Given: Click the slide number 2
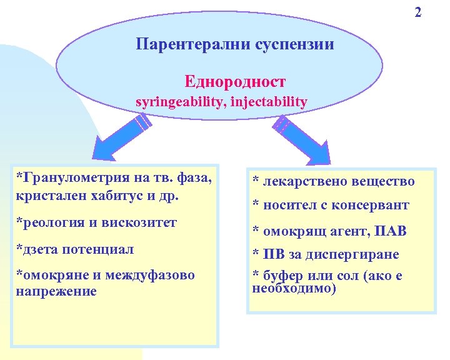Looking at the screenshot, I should click(x=418, y=12).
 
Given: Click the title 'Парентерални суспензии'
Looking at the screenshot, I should click(x=235, y=44).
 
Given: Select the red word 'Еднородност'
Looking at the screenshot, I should click(x=235, y=81).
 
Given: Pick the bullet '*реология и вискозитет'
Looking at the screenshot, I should click(x=96, y=222).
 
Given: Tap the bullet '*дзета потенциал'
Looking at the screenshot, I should click(x=75, y=249).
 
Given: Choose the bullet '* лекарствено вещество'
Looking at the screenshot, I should click(x=333, y=181).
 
